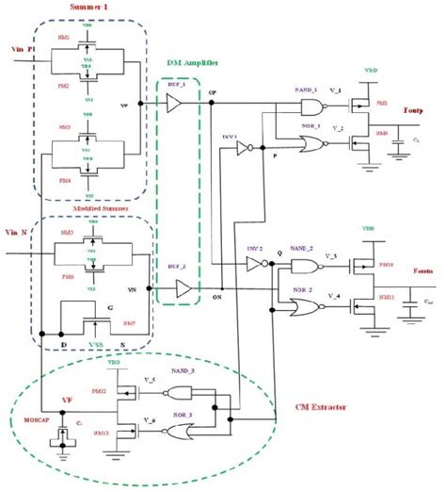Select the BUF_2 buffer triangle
pyautogui.click(x=183, y=287)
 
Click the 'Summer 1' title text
pyautogui.click(x=92, y=8)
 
